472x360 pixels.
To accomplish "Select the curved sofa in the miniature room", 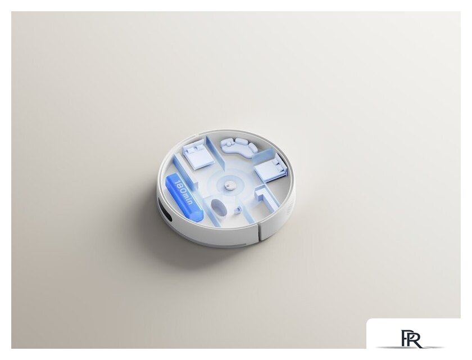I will pyautogui.click(x=240, y=146).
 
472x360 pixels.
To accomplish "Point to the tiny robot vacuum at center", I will pyautogui.click(x=229, y=186).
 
